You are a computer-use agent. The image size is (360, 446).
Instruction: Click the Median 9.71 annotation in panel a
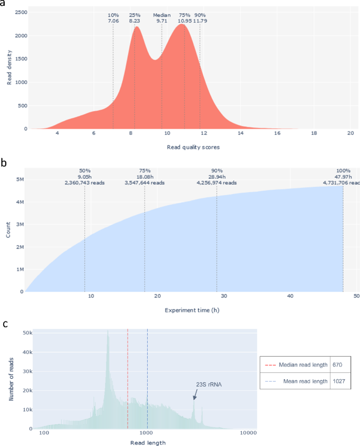click(x=162, y=18)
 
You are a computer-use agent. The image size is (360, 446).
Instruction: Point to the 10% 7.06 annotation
click(x=113, y=18)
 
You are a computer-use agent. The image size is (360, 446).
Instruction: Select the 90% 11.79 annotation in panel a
click(x=200, y=18)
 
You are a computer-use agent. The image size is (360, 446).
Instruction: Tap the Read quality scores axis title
click(x=193, y=147)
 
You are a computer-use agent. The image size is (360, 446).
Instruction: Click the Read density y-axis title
click(x=9, y=69)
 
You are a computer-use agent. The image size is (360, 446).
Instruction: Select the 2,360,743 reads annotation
click(x=85, y=183)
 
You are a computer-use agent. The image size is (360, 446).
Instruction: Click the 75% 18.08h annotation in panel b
click(x=145, y=177)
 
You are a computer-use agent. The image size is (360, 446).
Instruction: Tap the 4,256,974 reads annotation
click(x=217, y=183)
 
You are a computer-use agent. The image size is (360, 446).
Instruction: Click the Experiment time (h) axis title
click(x=192, y=310)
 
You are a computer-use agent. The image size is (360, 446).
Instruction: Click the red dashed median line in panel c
click(x=128, y=379)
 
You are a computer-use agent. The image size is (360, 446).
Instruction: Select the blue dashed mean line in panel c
click(x=147, y=379)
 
